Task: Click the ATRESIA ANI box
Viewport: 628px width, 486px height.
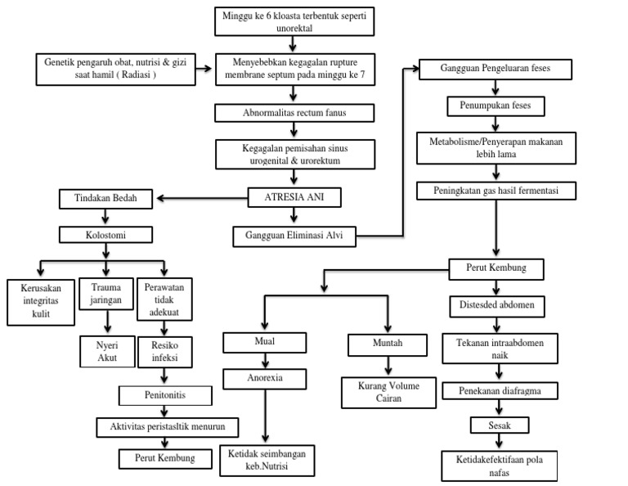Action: coord(293,197)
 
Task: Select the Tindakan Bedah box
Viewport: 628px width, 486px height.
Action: coord(105,198)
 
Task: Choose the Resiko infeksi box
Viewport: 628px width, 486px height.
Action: coord(165,351)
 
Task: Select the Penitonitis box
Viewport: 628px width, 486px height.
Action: coord(166,395)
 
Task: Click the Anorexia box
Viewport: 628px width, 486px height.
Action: coord(264,379)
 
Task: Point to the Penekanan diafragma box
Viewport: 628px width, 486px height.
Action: coord(500,391)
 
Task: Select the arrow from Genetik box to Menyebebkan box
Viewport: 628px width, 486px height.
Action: coord(205,69)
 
